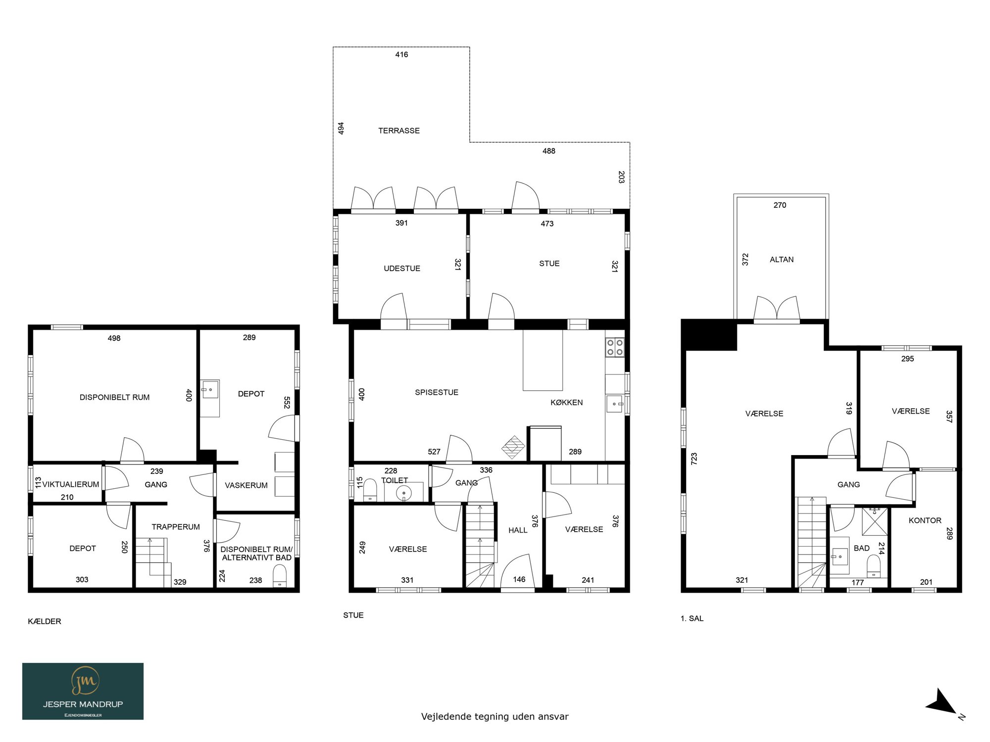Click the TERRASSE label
pyautogui.click(x=399, y=131)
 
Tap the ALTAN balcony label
pyautogui.click(x=782, y=259)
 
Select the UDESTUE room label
pyautogui.click(x=402, y=268)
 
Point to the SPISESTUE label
pyautogui.click(x=437, y=392)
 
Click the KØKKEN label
pyautogui.click(x=567, y=403)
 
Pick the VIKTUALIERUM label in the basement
pyautogui.click(x=71, y=484)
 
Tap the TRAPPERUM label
pyautogui.click(x=176, y=527)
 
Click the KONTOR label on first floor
pyautogui.click(x=925, y=520)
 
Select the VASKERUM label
pyautogui.click(x=246, y=485)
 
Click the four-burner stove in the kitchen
pyautogui.click(x=615, y=347)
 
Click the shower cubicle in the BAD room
pyautogui.click(x=875, y=521)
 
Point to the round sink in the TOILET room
pyautogui.click(x=404, y=493)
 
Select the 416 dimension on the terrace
pyautogui.click(x=401, y=54)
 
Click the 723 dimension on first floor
pyautogui.click(x=694, y=459)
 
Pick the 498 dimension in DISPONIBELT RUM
pyautogui.click(x=114, y=338)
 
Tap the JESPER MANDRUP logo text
pyautogui.click(x=83, y=704)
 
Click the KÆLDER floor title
pyautogui.click(x=45, y=621)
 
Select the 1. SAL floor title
pyautogui.click(x=692, y=618)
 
